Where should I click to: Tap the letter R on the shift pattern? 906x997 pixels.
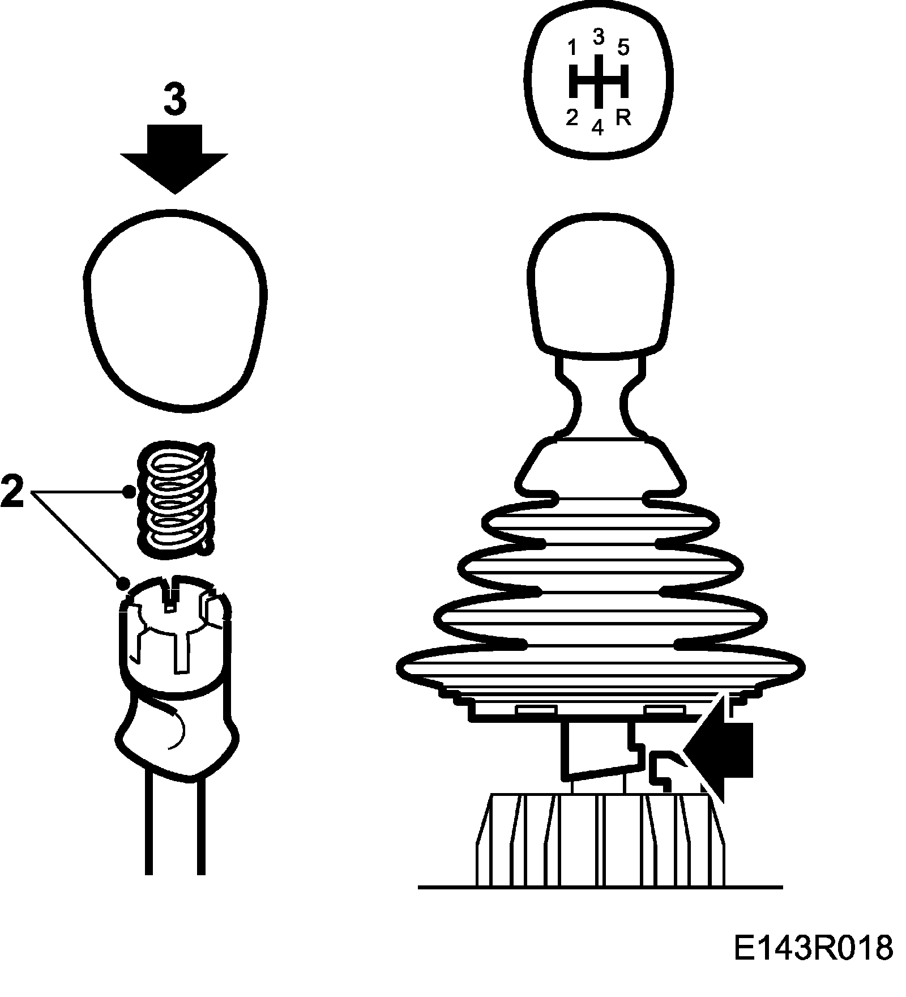(623, 118)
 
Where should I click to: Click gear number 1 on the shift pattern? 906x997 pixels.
(572, 49)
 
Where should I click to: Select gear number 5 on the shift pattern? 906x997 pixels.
(623, 48)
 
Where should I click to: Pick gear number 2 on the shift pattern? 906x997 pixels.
(572, 118)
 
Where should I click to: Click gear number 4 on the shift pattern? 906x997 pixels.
(598, 128)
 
